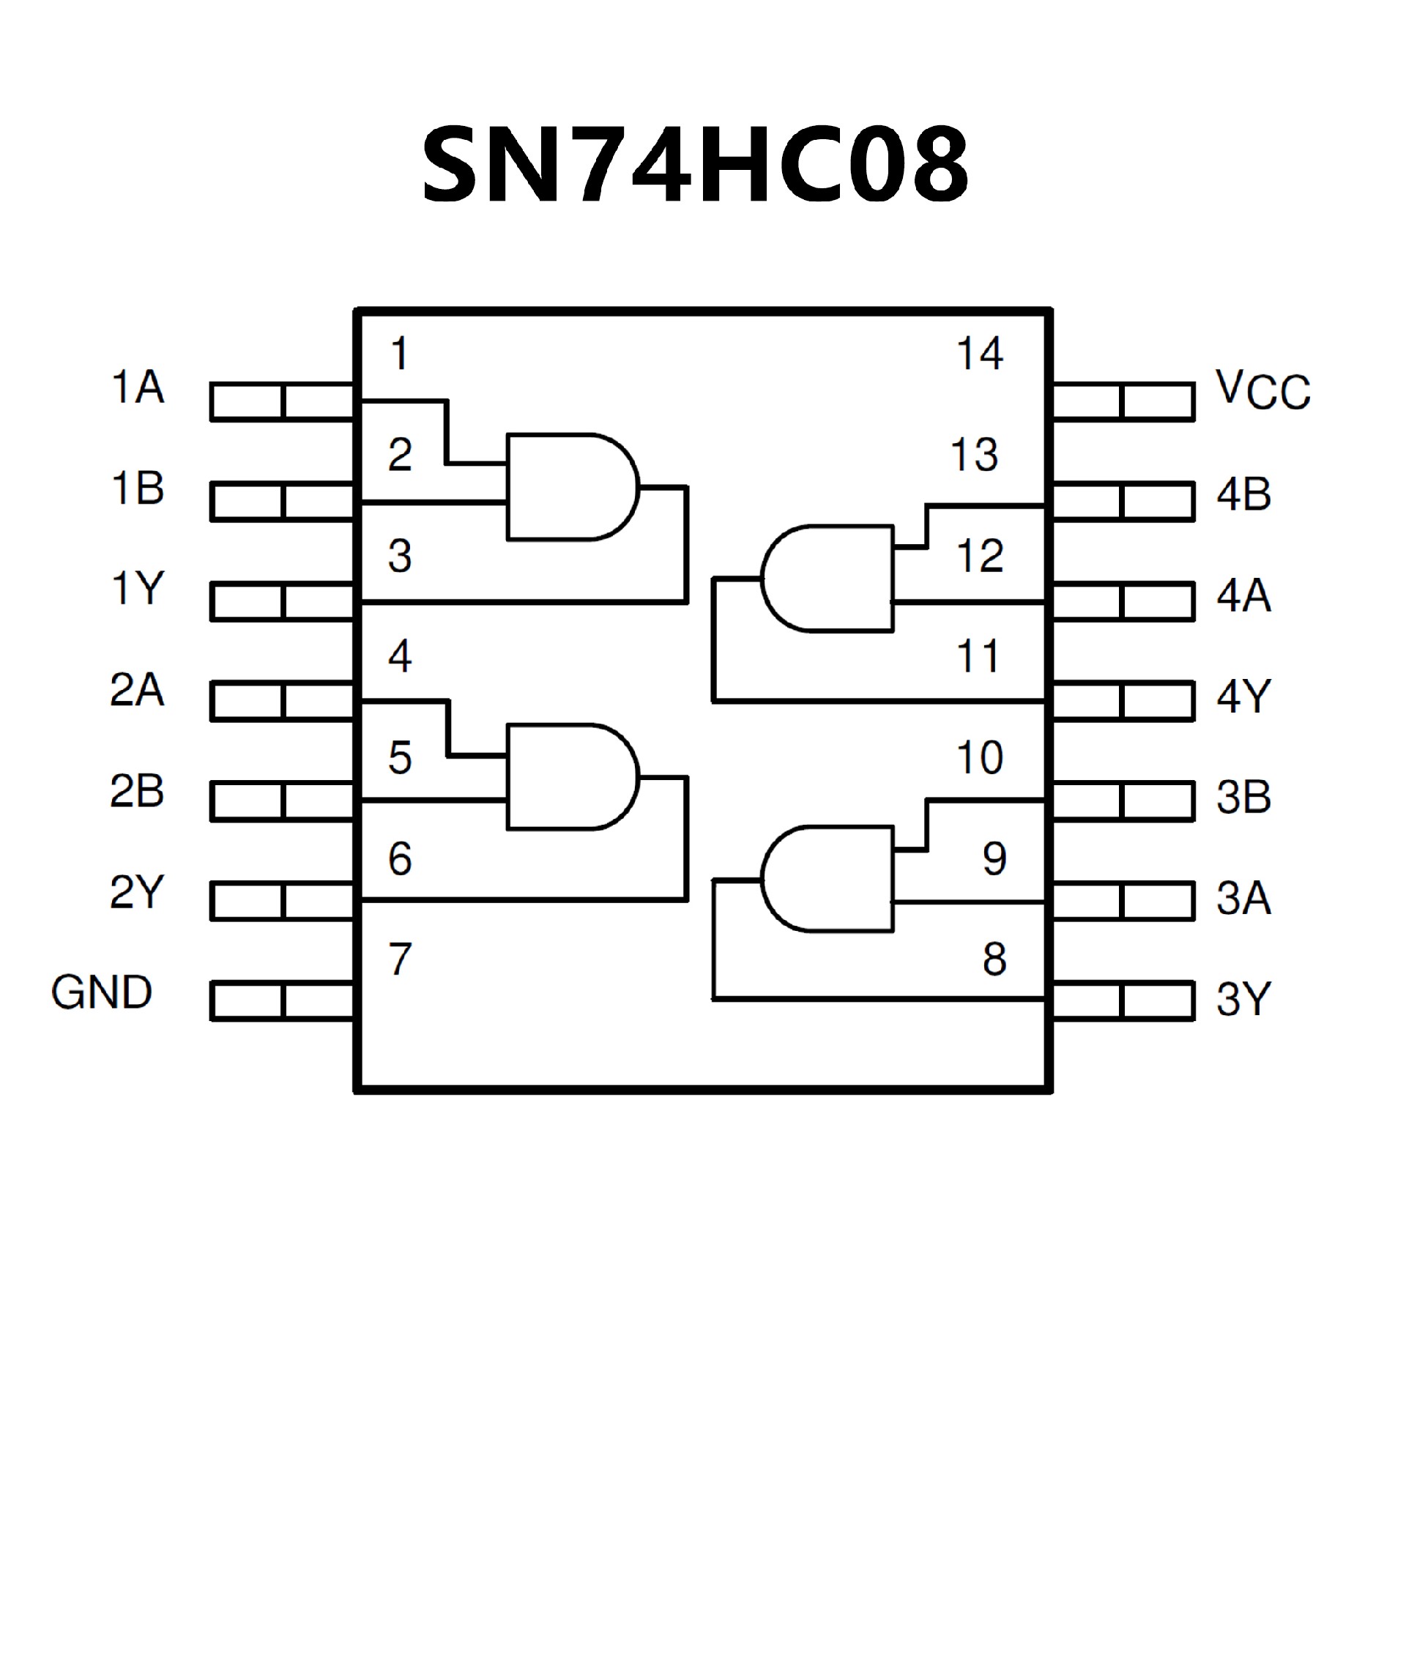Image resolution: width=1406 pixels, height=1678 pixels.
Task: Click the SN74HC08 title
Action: click(695, 166)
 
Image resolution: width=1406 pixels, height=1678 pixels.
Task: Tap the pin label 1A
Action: click(138, 387)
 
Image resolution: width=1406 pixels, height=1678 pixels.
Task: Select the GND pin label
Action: click(102, 992)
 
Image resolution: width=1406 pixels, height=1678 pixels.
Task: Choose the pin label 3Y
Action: click(1243, 999)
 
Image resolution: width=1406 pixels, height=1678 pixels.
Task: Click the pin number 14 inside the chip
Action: click(979, 353)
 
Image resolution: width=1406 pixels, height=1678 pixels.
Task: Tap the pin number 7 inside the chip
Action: click(399, 959)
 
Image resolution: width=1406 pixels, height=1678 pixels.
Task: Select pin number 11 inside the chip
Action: click(978, 657)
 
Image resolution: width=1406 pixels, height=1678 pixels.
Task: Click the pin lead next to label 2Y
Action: click(282, 902)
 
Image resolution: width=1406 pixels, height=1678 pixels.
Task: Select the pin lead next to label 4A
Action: click(1123, 603)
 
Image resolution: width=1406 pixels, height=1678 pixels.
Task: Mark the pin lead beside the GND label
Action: click(282, 1001)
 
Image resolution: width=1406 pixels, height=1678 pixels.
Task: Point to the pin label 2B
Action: click(137, 791)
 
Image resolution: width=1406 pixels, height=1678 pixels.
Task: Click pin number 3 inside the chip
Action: click(399, 556)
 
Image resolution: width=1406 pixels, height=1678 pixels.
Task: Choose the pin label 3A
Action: click(1243, 898)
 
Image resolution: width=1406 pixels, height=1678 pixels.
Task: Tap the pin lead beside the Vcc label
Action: click(1123, 401)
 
